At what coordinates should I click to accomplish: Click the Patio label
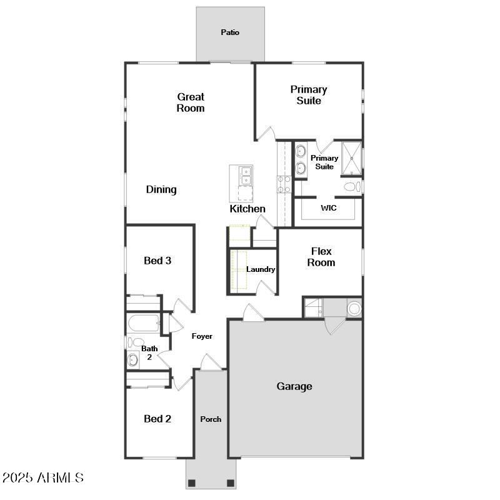(230, 32)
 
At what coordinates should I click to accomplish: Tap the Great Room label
(191, 102)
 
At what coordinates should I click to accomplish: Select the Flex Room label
(321, 257)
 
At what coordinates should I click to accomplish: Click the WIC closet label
(329, 208)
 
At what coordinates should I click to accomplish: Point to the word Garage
(294, 386)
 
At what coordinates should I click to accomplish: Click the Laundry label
(261, 269)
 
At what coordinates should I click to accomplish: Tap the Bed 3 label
(157, 261)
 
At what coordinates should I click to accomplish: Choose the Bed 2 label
(157, 419)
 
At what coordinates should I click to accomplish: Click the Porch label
(211, 419)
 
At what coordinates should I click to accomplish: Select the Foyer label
(202, 336)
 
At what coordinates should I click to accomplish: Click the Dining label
(161, 189)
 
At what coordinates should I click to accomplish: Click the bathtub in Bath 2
(143, 324)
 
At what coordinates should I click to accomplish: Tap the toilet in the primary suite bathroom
(351, 186)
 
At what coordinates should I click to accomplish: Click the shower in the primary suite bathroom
(352, 159)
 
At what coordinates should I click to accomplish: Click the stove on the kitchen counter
(284, 183)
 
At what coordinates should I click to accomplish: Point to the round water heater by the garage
(354, 308)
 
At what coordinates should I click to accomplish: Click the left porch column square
(192, 482)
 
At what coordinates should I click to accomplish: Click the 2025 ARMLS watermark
(42, 478)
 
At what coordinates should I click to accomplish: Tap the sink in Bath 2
(132, 359)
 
